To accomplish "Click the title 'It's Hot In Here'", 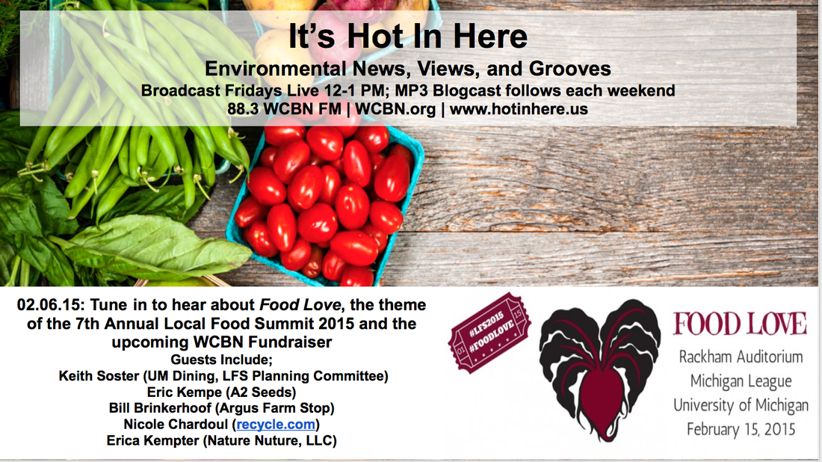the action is pyautogui.click(x=408, y=36).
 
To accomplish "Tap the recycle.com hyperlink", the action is pyautogui.click(x=276, y=424).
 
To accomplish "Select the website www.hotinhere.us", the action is pyautogui.click(x=519, y=109).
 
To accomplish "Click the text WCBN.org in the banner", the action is pyautogui.click(x=395, y=109).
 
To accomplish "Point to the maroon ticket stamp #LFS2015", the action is pyautogui.click(x=489, y=332).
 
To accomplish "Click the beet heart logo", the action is pyautogui.click(x=599, y=370).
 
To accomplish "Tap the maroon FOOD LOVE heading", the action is pyautogui.click(x=740, y=324).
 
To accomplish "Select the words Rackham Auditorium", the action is pyautogui.click(x=741, y=357).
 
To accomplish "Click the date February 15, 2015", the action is pyautogui.click(x=741, y=429).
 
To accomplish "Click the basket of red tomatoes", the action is pyautogui.click(x=324, y=202).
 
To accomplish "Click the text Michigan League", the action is pyautogui.click(x=741, y=381).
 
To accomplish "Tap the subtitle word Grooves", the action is pyautogui.click(x=570, y=69).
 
